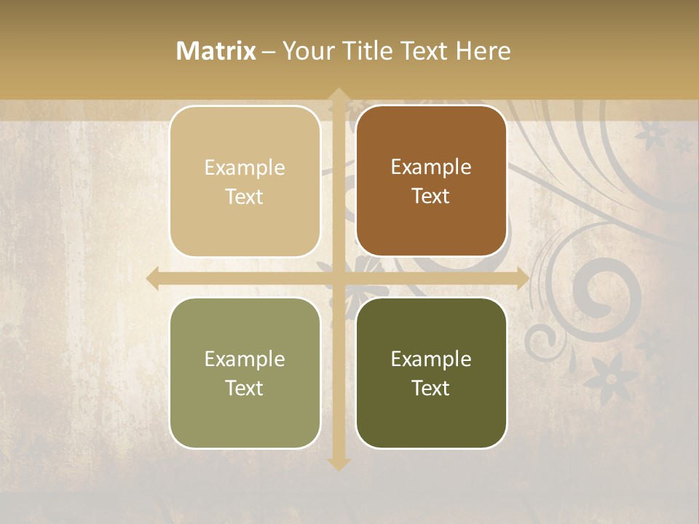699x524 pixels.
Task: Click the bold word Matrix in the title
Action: click(x=216, y=51)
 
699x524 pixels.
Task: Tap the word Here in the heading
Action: click(x=483, y=51)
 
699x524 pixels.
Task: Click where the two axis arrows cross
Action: click(x=338, y=278)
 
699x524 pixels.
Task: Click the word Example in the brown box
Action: click(x=431, y=167)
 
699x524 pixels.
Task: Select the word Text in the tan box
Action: click(x=245, y=197)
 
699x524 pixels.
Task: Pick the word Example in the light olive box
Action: click(x=245, y=359)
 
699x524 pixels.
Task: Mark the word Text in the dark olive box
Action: click(x=431, y=389)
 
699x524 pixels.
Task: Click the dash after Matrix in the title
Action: click(x=269, y=52)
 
